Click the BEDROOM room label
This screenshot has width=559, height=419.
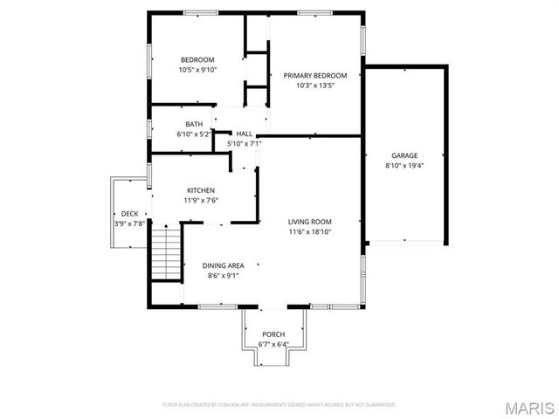pos(197,59)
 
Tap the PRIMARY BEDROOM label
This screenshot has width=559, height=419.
pos(315,76)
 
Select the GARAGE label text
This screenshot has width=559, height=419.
pos(404,155)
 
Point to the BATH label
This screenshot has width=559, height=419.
pos(193,124)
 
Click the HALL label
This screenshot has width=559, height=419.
pos(244,134)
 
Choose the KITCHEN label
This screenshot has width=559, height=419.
pos(201,190)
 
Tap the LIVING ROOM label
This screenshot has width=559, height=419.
pos(310,222)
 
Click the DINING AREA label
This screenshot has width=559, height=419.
pos(223,265)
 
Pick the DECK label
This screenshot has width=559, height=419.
pos(129,214)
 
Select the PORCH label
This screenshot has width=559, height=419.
pos(273,334)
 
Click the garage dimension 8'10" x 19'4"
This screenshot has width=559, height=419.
pos(404,166)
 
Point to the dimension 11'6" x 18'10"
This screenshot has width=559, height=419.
pos(310,232)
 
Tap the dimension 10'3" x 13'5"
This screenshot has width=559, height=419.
pos(315,86)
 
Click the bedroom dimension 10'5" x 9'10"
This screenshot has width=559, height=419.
pos(197,70)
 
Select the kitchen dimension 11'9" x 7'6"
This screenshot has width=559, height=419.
pos(201,201)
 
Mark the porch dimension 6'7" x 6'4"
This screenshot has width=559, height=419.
pos(273,344)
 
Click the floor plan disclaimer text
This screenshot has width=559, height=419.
pos(279,404)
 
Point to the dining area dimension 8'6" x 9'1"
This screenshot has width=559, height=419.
pos(223,276)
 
